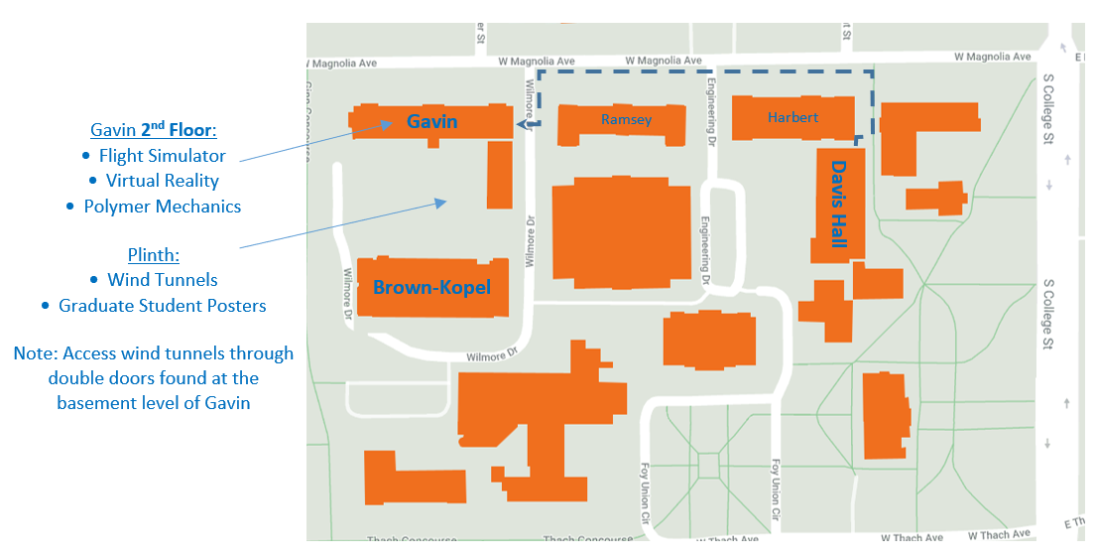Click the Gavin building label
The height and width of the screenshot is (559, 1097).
click(x=431, y=121)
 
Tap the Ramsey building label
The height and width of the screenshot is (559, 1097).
click(x=627, y=120)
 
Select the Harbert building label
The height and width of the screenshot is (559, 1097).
click(x=793, y=117)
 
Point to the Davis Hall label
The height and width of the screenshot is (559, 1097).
click(x=840, y=206)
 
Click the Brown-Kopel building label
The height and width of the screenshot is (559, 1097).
click(x=432, y=287)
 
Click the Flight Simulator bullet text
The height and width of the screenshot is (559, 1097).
click(x=162, y=156)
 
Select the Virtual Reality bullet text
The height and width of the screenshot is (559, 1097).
click(x=163, y=181)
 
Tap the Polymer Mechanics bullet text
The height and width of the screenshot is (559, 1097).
click(x=162, y=207)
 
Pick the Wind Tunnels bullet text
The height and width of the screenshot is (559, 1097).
click(x=163, y=280)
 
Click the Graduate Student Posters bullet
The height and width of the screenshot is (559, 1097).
click(x=163, y=306)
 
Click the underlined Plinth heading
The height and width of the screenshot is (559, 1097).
click(x=154, y=254)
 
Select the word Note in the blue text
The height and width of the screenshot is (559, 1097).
click(x=33, y=353)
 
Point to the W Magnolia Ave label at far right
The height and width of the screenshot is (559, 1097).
click(x=993, y=58)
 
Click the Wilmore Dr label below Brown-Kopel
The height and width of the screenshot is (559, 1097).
click(x=493, y=354)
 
